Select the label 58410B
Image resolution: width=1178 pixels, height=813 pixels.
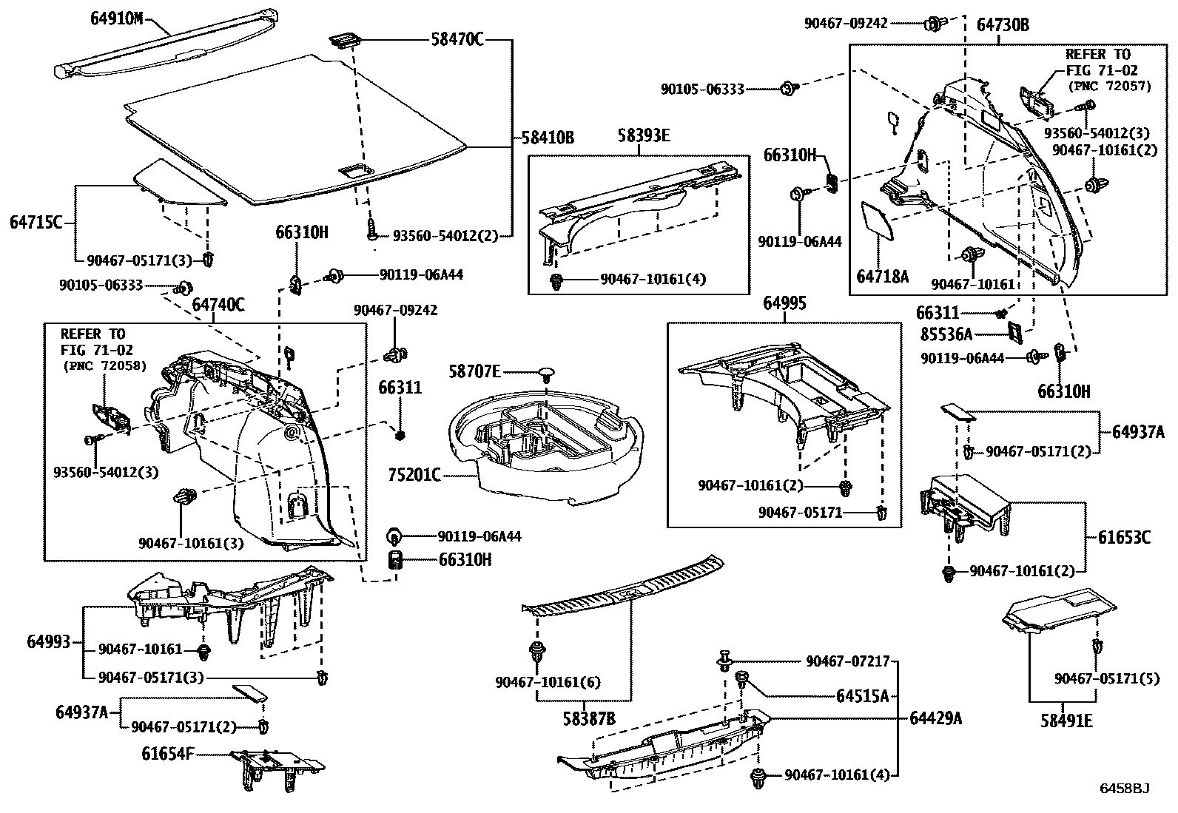tap(548, 138)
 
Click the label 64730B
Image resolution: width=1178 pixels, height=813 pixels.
tap(1003, 25)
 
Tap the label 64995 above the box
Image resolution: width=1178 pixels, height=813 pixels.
tap(784, 303)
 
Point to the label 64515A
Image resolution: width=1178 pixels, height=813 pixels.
tap(862, 696)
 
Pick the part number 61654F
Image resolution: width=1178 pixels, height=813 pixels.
tap(168, 754)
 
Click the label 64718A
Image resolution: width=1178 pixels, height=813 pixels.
tap(882, 277)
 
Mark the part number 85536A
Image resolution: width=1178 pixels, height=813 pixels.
tap(946, 334)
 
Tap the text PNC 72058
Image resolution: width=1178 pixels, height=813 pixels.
tap(104, 365)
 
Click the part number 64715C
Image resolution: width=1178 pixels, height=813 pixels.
tap(36, 221)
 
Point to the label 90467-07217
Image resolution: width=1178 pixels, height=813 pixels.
tap(847, 662)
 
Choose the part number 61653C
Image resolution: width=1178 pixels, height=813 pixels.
tap(1124, 537)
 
